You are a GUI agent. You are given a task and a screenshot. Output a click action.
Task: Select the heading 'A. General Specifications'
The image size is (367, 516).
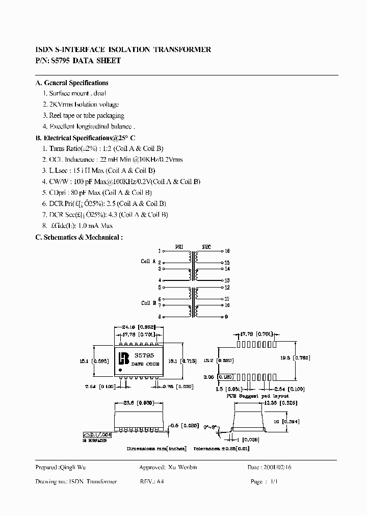pyautogui.click(x=72, y=83)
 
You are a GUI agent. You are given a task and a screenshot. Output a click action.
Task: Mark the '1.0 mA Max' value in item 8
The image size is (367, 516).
pyautogui.click(x=94, y=226)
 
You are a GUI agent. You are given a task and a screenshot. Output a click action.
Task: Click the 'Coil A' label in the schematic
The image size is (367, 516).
pyautogui.click(x=148, y=261)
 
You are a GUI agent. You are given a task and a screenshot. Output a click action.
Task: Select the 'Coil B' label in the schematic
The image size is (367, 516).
pyautogui.click(x=148, y=303)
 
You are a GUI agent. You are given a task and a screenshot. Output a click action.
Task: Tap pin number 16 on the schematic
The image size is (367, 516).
pyautogui.click(x=227, y=251)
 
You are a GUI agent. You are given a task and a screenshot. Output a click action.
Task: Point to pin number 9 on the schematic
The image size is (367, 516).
pyautogui.click(x=226, y=317)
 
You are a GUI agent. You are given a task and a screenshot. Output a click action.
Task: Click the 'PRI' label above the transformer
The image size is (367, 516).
pyautogui.click(x=179, y=246)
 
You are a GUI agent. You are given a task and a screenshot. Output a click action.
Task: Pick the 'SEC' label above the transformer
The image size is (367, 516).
pyautogui.click(x=206, y=246)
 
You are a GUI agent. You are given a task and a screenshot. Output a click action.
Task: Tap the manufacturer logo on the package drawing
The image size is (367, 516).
pyautogui.click(x=123, y=358)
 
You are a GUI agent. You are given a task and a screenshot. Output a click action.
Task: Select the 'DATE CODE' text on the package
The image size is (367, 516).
pyautogui.click(x=145, y=364)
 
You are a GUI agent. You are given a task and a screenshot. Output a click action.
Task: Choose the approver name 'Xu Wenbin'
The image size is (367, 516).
pyautogui.click(x=181, y=468)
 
